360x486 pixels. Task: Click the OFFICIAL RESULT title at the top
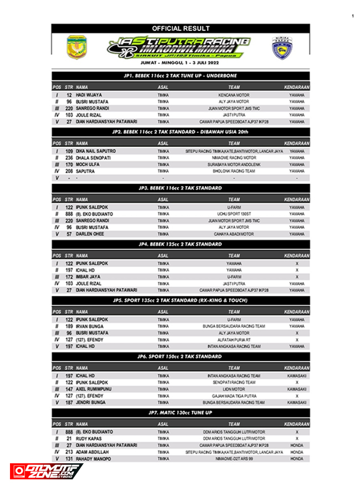(x=181, y=28)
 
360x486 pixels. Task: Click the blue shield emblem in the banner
(x=283, y=48)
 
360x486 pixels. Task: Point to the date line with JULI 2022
(x=180, y=63)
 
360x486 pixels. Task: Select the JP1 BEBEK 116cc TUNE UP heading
(x=180, y=75)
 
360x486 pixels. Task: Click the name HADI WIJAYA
(x=89, y=95)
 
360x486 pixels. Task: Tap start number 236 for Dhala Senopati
(x=69, y=157)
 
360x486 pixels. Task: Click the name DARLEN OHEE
(x=90, y=234)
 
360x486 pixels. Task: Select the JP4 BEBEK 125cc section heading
(x=180, y=244)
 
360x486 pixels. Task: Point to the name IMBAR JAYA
(x=89, y=277)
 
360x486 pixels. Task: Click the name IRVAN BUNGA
(x=90, y=326)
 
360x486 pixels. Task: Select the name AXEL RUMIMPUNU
(x=94, y=389)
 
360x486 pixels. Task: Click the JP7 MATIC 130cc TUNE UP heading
(x=180, y=413)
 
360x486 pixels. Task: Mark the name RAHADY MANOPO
(x=92, y=458)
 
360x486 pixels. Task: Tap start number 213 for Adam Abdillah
(x=69, y=452)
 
